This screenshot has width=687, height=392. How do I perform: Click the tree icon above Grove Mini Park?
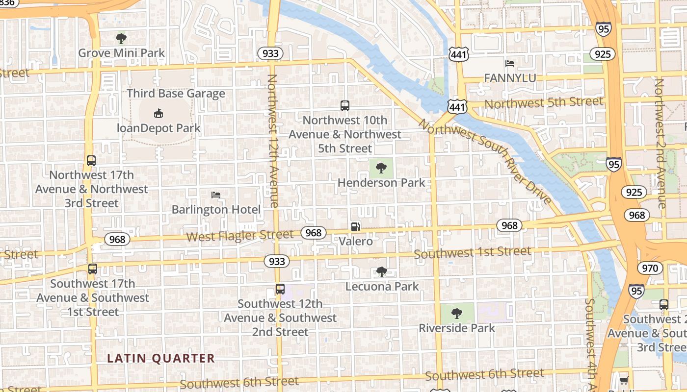pyautogui.click(x=121, y=38)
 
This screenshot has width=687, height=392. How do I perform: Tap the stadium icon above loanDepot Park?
pyautogui.click(x=158, y=114)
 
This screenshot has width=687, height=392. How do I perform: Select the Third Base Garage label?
pyautogui.click(x=176, y=94)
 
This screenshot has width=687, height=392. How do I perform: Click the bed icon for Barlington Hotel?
pyautogui.click(x=216, y=195)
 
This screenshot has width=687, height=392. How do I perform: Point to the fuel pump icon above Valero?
pyautogui.click(x=356, y=227)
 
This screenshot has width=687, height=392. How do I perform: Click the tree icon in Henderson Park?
pyautogui.click(x=381, y=169)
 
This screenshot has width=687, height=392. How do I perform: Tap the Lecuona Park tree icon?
pyautogui.click(x=382, y=271)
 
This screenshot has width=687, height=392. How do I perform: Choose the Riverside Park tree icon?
pyautogui.click(x=456, y=313)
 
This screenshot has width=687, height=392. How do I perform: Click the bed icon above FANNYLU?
pyautogui.click(x=510, y=64)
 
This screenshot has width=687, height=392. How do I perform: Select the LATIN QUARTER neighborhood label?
pyautogui.click(x=161, y=359)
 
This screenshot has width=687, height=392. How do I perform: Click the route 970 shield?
pyautogui.click(x=650, y=268)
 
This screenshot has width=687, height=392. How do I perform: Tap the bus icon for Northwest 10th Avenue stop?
pyautogui.click(x=345, y=105)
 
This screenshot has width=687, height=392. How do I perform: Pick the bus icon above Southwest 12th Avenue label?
pyautogui.click(x=280, y=289)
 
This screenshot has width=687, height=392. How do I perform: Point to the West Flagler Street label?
pyautogui.click(x=239, y=236)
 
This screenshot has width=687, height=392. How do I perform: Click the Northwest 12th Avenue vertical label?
pyautogui.click(x=273, y=141)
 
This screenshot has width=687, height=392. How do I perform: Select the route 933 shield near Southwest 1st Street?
pyautogui.click(x=277, y=261)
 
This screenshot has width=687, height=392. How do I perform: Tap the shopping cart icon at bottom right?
pyautogui.click(x=624, y=380)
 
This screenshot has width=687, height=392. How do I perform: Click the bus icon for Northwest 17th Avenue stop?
pyautogui.click(x=91, y=160)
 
